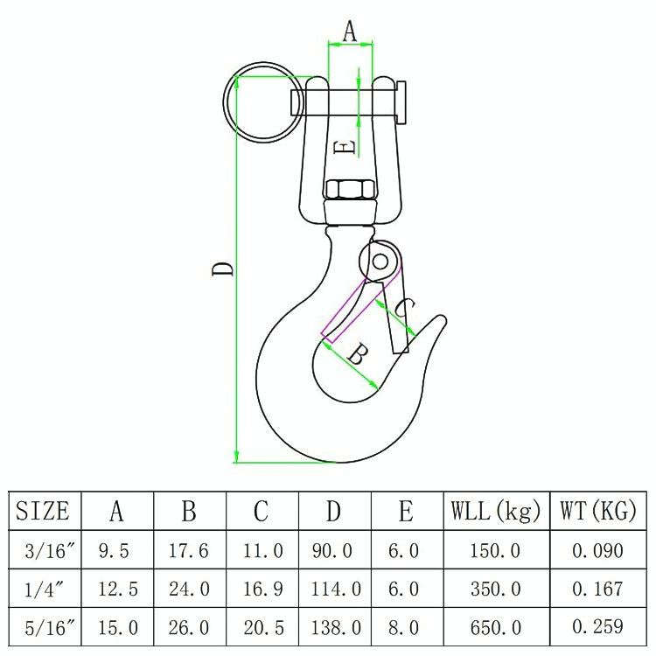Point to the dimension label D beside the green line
tap(225, 265)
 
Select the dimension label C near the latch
tap(404, 308)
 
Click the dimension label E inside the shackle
tap(346, 147)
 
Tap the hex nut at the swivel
tap(350, 189)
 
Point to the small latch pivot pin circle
tap(380, 261)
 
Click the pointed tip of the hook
tap(443, 319)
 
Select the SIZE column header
tap(44, 512)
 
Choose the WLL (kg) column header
tap(496, 512)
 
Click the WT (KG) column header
tap(598, 512)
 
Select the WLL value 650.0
tap(495, 627)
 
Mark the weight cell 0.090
tap(597, 551)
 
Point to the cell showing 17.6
tap(189, 551)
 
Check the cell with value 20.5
tap(262, 627)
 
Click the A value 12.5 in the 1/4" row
tap(117, 590)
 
